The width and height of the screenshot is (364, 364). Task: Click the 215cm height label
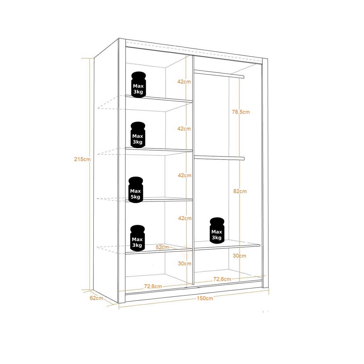tap(82, 159)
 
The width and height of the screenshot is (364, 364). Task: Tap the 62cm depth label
tap(96, 298)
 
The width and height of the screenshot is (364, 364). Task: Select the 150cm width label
tap(205, 298)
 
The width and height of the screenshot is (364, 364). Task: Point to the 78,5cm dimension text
tap(241, 112)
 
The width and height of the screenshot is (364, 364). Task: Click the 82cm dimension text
tap(240, 191)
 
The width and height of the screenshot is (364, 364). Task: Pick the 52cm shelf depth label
tap(162, 247)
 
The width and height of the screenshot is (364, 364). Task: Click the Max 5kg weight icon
tap(136, 190)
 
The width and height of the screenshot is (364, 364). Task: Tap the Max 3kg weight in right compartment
tap(217, 231)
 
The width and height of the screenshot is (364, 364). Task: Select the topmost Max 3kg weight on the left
tap(138, 85)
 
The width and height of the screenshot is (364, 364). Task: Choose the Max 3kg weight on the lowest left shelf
tap(137, 238)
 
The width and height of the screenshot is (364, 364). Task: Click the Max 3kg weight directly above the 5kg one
tap(138, 135)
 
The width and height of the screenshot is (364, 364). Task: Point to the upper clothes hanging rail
tap(219, 74)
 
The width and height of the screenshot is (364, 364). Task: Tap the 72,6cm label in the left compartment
tap(153, 286)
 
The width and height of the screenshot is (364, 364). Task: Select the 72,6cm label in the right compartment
tap(222, 279)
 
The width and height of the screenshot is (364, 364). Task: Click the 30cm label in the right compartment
tap(239, 256)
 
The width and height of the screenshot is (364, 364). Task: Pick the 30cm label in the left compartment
tap(184, 264)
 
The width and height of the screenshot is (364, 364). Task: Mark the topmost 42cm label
tap(184, 82)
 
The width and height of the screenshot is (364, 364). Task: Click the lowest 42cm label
tap(185, 218)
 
